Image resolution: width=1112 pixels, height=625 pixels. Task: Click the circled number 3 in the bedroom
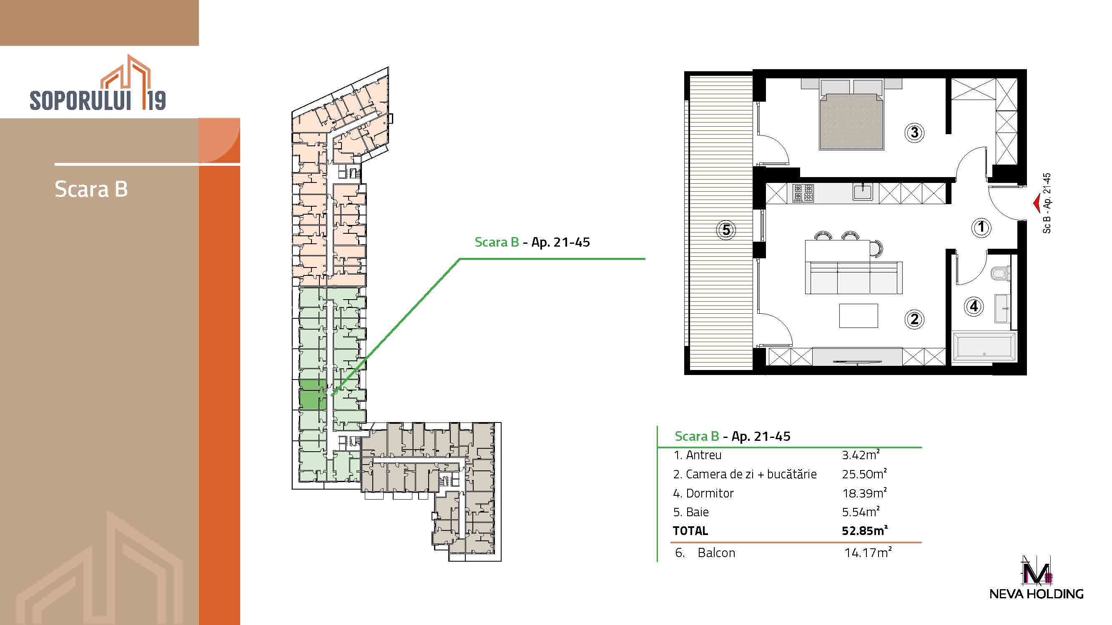pos(914,132)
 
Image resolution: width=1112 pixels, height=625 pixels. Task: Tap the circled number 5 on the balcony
pos(726,230)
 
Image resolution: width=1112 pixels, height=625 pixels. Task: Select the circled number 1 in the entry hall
pos(981,227)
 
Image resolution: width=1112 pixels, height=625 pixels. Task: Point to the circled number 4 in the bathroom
pos(974,306)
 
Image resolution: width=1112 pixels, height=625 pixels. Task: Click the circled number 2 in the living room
pos(914,319)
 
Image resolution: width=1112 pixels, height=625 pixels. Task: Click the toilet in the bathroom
pos(1001,273)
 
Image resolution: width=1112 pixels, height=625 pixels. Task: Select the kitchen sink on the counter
pos(863,192)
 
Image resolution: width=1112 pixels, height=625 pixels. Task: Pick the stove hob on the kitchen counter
pos(803,193)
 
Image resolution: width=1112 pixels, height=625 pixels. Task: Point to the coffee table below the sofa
pos(858,316)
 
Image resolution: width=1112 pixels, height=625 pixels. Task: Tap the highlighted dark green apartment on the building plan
pos(313,394)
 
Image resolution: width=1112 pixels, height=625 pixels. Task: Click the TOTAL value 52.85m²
pos(864,530)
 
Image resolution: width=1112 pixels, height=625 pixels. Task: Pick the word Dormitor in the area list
pos(710,493)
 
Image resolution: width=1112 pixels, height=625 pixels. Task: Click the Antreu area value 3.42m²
pos(860,455)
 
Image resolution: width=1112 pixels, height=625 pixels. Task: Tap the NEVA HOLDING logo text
pos(1037,594)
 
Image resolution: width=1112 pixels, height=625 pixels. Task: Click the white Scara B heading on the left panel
pos(91,189)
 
